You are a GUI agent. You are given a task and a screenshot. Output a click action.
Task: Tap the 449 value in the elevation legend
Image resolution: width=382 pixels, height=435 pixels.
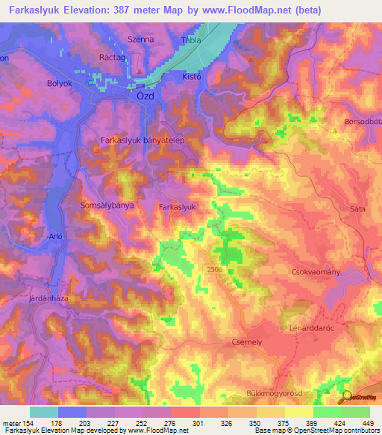(366, 423)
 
